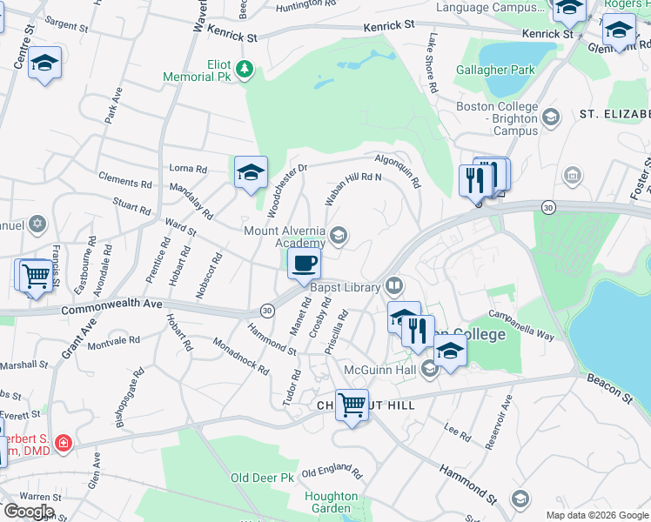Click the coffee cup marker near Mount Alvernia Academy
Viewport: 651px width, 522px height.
(x=304, y=264)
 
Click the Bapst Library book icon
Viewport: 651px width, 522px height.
(x=395, y=285)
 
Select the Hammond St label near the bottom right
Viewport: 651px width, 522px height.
(x=467, y=484)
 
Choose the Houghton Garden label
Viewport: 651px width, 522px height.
(x=331, y=502)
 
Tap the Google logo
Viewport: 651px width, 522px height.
(x=29, y=512)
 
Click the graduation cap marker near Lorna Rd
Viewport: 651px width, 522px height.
(x=251, y=172)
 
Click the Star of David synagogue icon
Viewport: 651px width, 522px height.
(x=36, y=225)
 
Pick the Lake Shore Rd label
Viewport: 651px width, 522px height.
(x=433, y=64)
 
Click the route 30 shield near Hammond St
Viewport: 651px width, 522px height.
(x=267, y=311)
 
